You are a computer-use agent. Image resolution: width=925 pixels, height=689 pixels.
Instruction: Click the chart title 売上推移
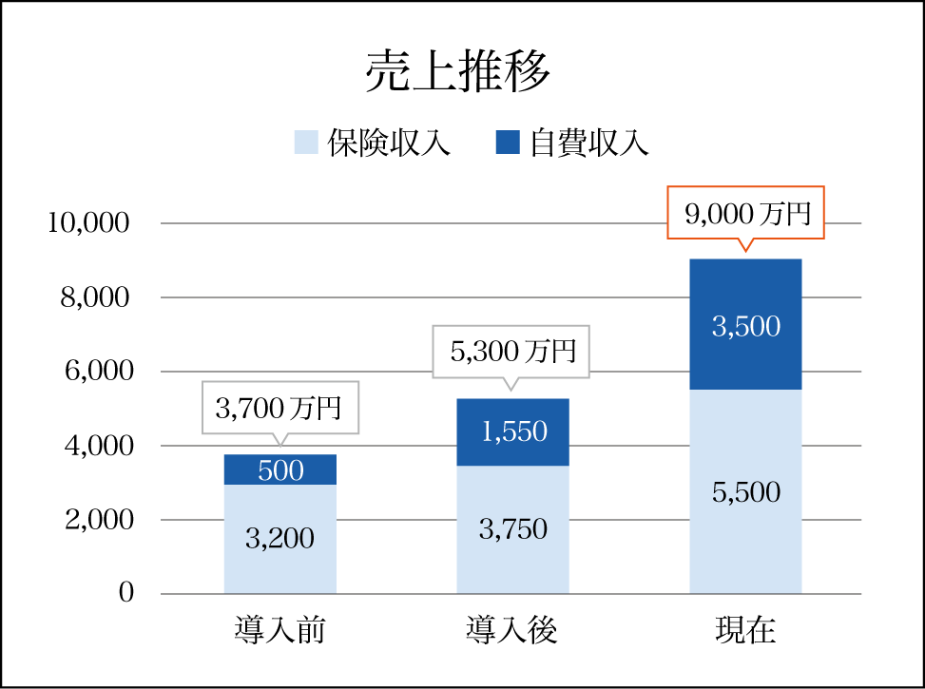(x=459, y=73)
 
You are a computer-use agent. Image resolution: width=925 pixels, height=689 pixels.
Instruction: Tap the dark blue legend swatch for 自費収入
(x=509, y=143)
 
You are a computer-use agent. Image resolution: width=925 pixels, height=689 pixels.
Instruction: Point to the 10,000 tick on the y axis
(x=87, y=223)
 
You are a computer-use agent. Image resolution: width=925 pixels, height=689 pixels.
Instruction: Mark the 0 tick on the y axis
(x=126, y=593)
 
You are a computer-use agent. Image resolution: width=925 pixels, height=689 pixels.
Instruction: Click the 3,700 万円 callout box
(x=279, y=408)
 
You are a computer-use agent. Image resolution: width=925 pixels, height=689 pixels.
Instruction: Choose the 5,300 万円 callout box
(x=511, y=352)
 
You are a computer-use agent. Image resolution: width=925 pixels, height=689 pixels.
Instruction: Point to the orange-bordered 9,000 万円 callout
(x=745, y=213)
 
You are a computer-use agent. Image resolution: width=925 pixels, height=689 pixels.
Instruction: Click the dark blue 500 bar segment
(x=280, y=469)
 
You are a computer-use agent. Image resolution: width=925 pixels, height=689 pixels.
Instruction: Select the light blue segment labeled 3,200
(x=280, y=539)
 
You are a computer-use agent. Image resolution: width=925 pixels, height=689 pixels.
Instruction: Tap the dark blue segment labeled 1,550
(x=512, y=432)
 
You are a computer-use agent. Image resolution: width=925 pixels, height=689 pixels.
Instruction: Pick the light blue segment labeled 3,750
(x=512, y=529)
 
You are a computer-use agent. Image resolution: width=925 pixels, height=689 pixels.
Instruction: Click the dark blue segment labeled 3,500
(x=745, y=326)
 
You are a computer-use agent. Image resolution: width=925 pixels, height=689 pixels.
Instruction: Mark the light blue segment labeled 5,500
(x=745, y=492)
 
